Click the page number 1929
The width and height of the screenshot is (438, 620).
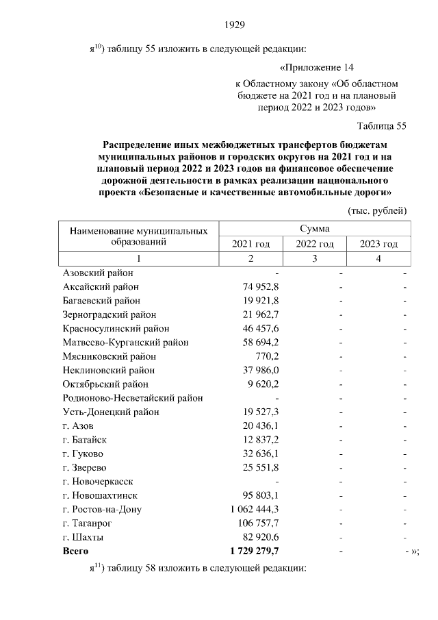click(x=235, y=25)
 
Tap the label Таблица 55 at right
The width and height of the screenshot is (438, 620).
click(x=382, y=126)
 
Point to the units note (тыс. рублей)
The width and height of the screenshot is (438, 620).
click(x=377, y=210)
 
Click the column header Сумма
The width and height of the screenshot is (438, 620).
click(x=314, y=228)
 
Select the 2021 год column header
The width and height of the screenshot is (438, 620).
click(x=250, y=244)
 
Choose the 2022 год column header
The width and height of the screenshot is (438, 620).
click(x=314, y=244)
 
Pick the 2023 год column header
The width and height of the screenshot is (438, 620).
click(x=378, y=244)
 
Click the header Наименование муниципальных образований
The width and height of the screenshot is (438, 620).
click(x=138, y=236)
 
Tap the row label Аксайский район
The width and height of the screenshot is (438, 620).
click(x=101, y=287)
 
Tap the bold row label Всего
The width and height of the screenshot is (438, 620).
click(x=75, y=550)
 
